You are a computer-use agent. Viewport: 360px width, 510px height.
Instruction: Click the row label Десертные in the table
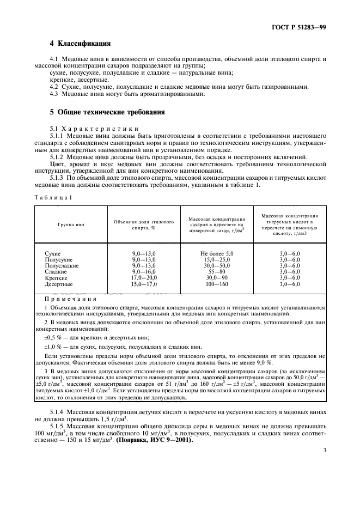58,284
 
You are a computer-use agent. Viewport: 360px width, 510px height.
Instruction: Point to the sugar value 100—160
216,284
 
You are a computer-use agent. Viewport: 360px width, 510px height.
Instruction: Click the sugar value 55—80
216,272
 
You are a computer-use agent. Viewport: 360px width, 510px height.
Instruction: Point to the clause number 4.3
54,94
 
